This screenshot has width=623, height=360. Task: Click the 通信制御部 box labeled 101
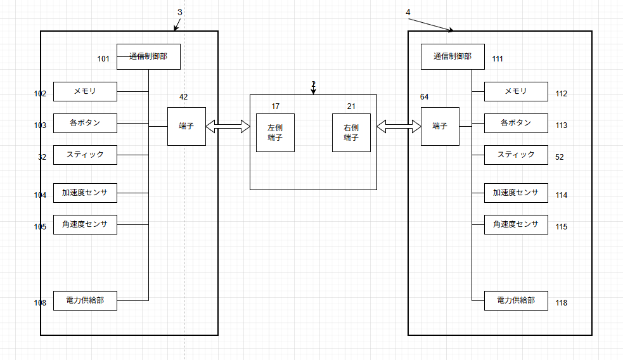[148, 56]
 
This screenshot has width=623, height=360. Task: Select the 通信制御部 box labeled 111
[453, 56]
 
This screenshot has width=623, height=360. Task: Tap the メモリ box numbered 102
[85, 91]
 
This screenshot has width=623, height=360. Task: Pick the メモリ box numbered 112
[516, 91]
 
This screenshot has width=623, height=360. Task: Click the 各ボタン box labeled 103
[85, 123]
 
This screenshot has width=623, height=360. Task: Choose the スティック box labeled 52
[516, 155]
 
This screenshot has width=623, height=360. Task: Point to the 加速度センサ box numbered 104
[85, 193]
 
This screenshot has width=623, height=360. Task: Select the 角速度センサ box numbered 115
[516, 224]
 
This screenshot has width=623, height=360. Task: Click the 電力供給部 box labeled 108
[85, 300]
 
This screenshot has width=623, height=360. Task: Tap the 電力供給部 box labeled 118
[516, 300]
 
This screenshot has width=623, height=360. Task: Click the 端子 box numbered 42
[186, 127]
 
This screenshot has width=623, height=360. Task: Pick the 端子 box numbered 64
[440, 127]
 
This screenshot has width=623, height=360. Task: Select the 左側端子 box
[275, 132]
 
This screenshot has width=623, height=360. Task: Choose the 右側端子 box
[351, 132]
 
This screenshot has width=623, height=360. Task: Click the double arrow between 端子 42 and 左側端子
[228, 127]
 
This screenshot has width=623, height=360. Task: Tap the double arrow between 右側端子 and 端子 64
[399, 127]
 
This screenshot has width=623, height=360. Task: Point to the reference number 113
[561, 125]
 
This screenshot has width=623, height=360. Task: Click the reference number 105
[40, 227]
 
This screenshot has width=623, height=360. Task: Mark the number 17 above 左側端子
[275, 106]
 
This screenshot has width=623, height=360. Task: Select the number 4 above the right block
[408, 12]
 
